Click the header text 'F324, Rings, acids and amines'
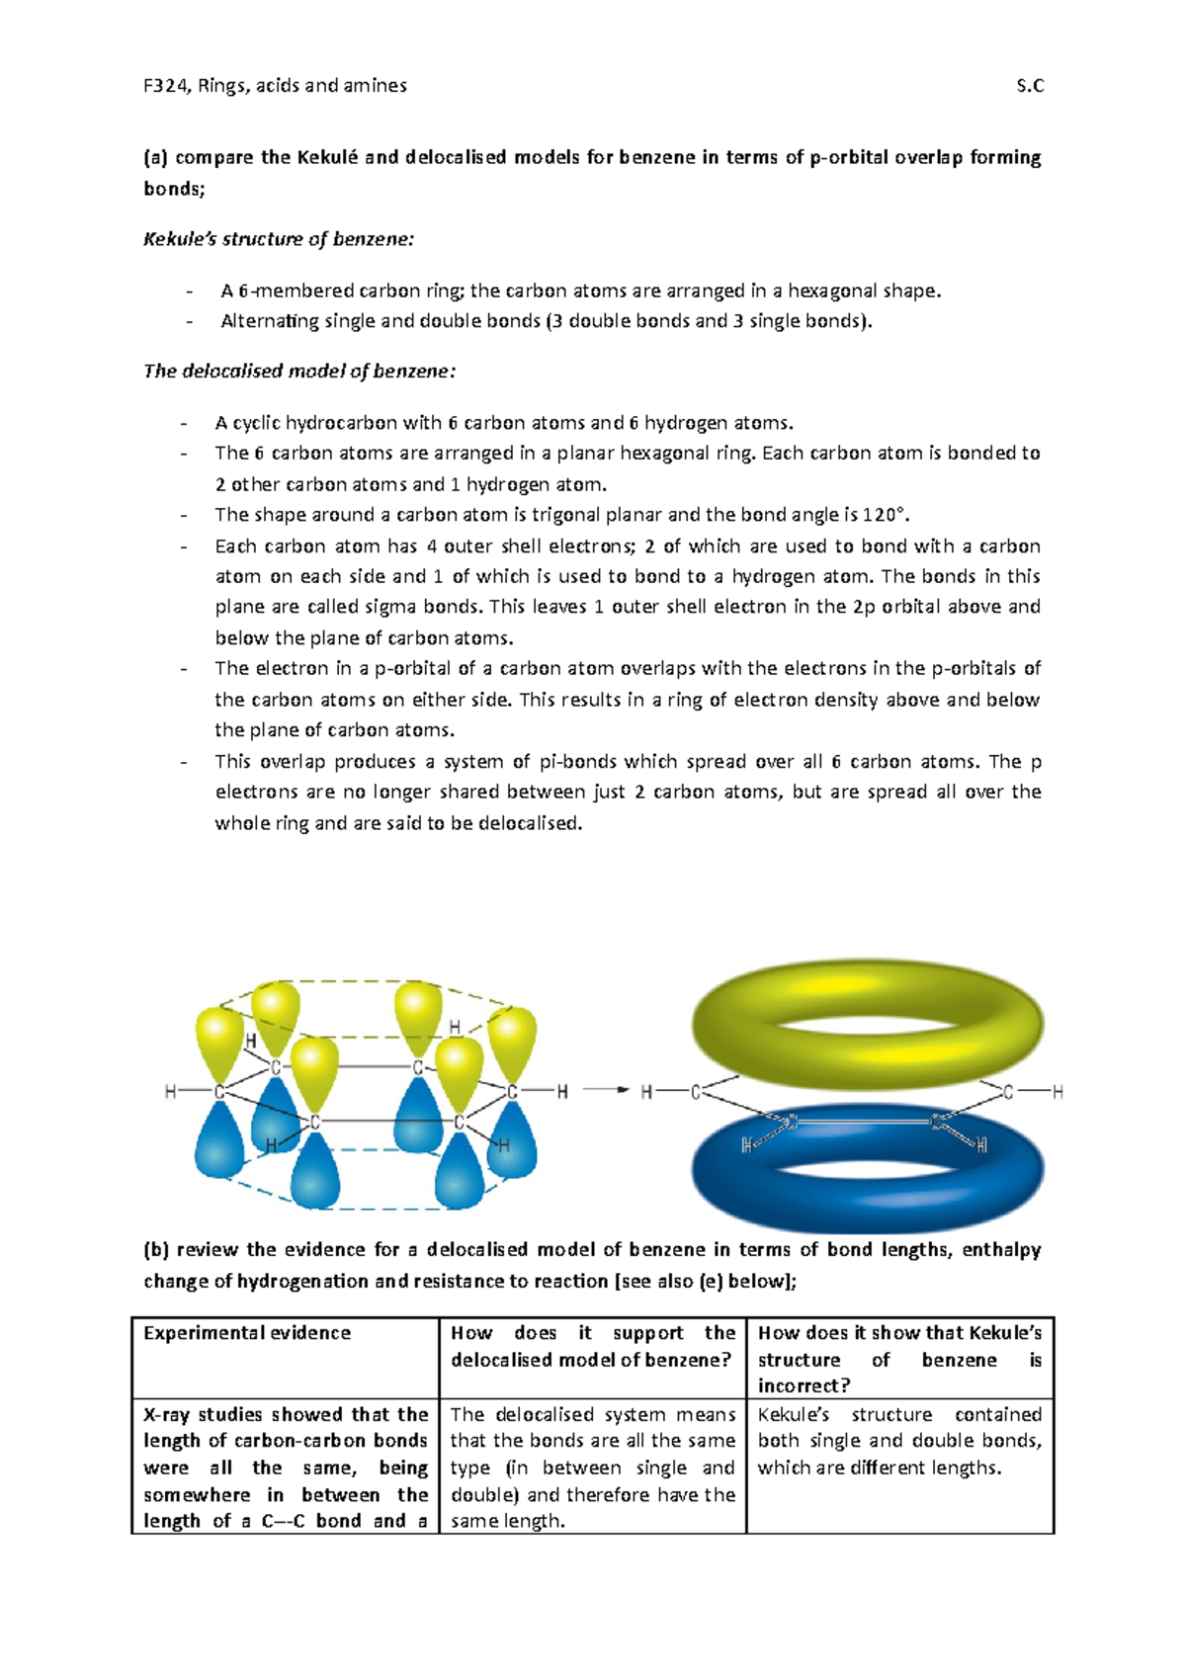point(275,86)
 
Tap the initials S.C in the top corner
point(1030,86)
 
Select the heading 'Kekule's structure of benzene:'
point(279,239)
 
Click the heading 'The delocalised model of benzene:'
point(299,372)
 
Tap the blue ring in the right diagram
point(867,1176)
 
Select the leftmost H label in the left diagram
point(170,1092)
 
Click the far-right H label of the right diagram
point(1058,1092)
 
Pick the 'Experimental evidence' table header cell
point(247,1333)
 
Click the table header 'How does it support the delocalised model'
point(592,1346)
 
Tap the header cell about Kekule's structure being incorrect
point(899,1359)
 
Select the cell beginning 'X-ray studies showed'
point(285,1468)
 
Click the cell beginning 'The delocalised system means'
point(592,1468)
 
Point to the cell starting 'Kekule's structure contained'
point(899,1441)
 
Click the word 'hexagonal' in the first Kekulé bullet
point(831,291)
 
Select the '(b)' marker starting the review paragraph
point(156,1250)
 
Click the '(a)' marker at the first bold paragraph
point(156,157)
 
